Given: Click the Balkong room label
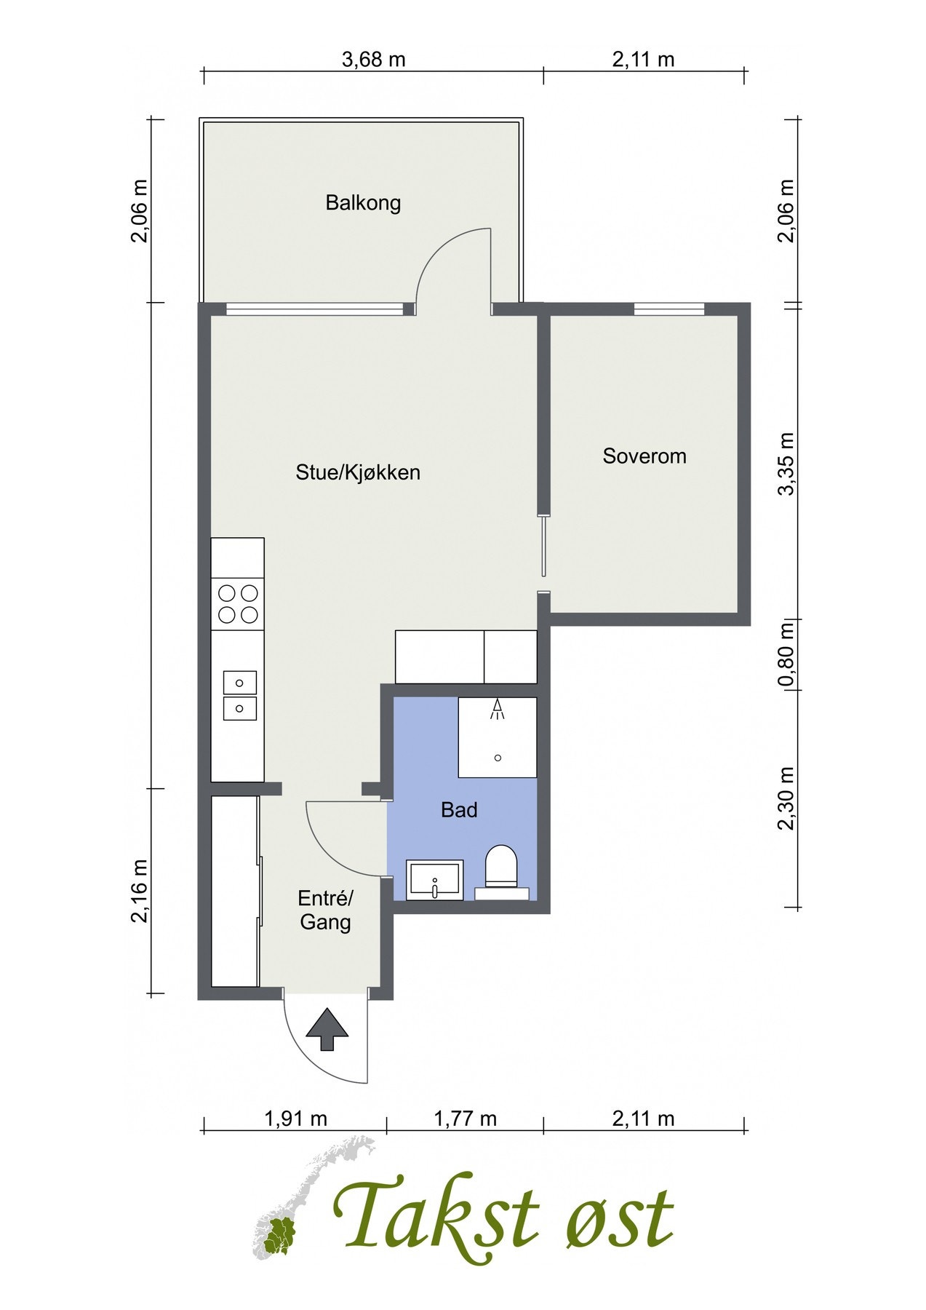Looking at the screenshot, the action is click(x=363, y=202).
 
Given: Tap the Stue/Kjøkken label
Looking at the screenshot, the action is click(x=358, y=472).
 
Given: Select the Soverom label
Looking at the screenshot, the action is click(x=644, y=456).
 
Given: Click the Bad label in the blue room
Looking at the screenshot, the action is click(x=459, y=809).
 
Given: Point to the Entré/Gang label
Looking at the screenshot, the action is click(x=325, y=910).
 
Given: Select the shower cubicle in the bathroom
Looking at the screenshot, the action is click(x=498, y=737).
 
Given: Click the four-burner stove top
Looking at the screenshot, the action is click(x=238, y=604).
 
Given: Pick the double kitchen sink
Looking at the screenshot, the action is click(x=239, y=696).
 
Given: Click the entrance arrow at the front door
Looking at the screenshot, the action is click(x=327, y=1029).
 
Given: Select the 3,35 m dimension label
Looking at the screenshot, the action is click(x=787, y=464).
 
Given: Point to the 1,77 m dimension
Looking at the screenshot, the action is click(x=466, y=1119).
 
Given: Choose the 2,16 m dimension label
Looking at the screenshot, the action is click(x=140, y=890).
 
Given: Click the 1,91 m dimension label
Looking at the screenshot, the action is click(x=295, y=1119).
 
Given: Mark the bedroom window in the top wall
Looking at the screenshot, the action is click(x=669, y=309).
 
